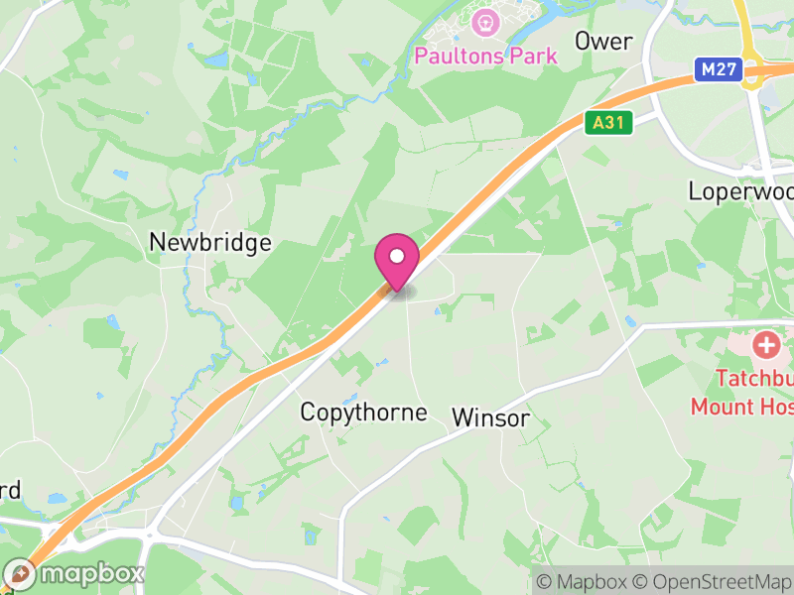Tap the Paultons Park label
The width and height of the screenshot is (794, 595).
485,56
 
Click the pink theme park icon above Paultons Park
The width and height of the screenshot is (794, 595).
485,20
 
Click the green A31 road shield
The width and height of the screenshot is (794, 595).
608,123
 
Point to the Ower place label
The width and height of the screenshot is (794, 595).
603,41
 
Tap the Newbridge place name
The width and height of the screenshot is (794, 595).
209,243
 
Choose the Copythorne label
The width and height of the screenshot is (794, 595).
363,413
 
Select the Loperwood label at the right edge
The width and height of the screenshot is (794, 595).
740,190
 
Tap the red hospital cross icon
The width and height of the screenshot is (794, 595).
766,346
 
